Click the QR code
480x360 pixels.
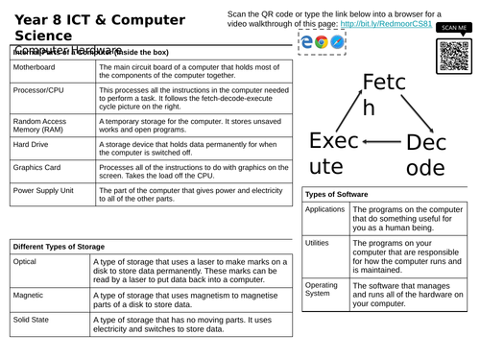[x=453, y=57]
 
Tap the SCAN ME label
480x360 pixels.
[x=453, y=29]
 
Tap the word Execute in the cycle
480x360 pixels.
[x=330, y=154]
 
